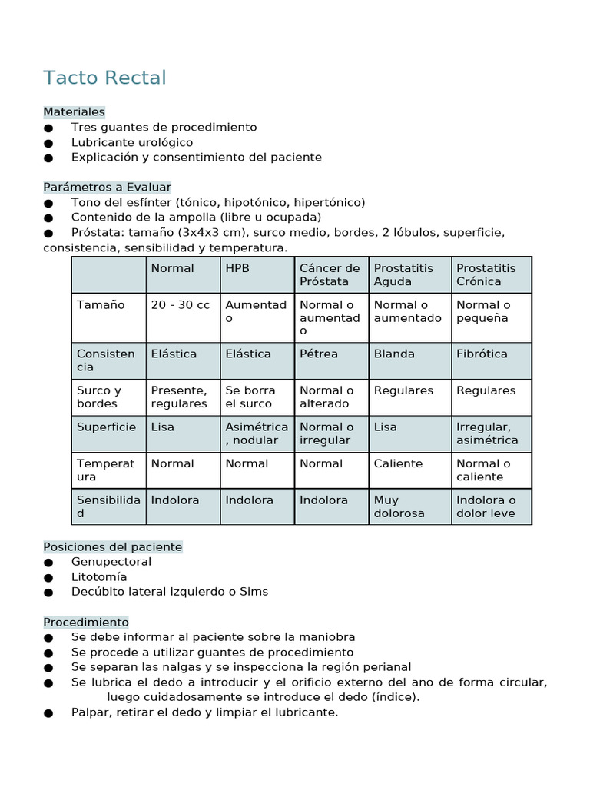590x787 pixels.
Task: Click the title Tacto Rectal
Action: (x=104, y=78)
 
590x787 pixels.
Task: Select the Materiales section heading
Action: (x=74, y=112)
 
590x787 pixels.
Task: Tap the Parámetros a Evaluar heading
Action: (x=107, y=187)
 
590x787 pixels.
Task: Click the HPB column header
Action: (x=237, y=268)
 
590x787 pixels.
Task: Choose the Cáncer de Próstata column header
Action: (x=330, y=274)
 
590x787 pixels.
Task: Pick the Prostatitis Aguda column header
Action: (x=403, y=274)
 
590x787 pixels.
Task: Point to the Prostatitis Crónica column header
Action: (x=486, y=274)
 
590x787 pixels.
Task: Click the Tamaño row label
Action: (x=101, y=305)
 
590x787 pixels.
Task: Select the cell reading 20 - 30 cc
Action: (x=180, y=305)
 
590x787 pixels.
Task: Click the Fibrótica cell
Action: (x=482, y=354)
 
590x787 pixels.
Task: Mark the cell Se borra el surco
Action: (x=250, y=397)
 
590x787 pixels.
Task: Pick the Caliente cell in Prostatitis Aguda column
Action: (x=398, y=463)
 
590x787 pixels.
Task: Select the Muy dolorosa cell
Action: (x=399, y=506)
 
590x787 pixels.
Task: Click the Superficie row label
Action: (x=106, y=427)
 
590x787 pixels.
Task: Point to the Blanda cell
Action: (x=394, y=354)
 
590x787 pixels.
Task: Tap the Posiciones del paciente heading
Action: (x=113, y=547)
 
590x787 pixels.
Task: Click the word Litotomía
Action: (x=99, y=577)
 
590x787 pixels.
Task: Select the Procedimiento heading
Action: (x=86, y=622)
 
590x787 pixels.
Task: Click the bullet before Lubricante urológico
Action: (x=49, y=143)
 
